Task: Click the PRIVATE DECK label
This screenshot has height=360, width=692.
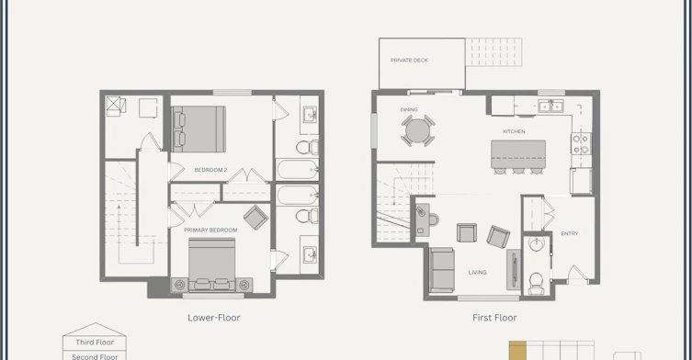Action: (x=409, y=61)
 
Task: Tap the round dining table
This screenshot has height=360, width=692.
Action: (x=417, y=130)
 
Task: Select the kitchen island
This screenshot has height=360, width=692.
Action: (x=518, y=154)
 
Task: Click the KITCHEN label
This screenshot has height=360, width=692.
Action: (x=514, y=131)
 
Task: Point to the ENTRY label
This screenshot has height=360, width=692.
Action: (x=569, y=233)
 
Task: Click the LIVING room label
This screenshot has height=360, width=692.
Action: (x=478, y=272)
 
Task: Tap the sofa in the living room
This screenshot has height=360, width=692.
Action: (x=442, y=270)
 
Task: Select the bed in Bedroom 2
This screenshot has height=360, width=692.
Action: (x=199, y=129)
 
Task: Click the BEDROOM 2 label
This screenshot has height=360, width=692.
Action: (x=210, y=170)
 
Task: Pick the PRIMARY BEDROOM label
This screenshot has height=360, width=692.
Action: (x=210, y=230)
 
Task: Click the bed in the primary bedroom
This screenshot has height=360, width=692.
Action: (x=212, y=264)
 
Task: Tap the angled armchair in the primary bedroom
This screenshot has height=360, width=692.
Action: (x=256, y=218)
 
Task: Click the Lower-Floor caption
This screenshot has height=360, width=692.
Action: (x=214, y=318)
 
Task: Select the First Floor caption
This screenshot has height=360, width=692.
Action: (x=494, y=318)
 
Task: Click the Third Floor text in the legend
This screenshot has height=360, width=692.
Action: (x=95, y=343)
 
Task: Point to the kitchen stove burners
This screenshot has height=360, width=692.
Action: (x=581, y=144)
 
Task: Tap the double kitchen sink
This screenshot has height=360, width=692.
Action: (x=550, y=106)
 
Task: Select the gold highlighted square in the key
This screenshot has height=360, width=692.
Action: (x=517, y=350)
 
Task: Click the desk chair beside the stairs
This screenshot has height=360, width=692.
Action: (x=433, y=219)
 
